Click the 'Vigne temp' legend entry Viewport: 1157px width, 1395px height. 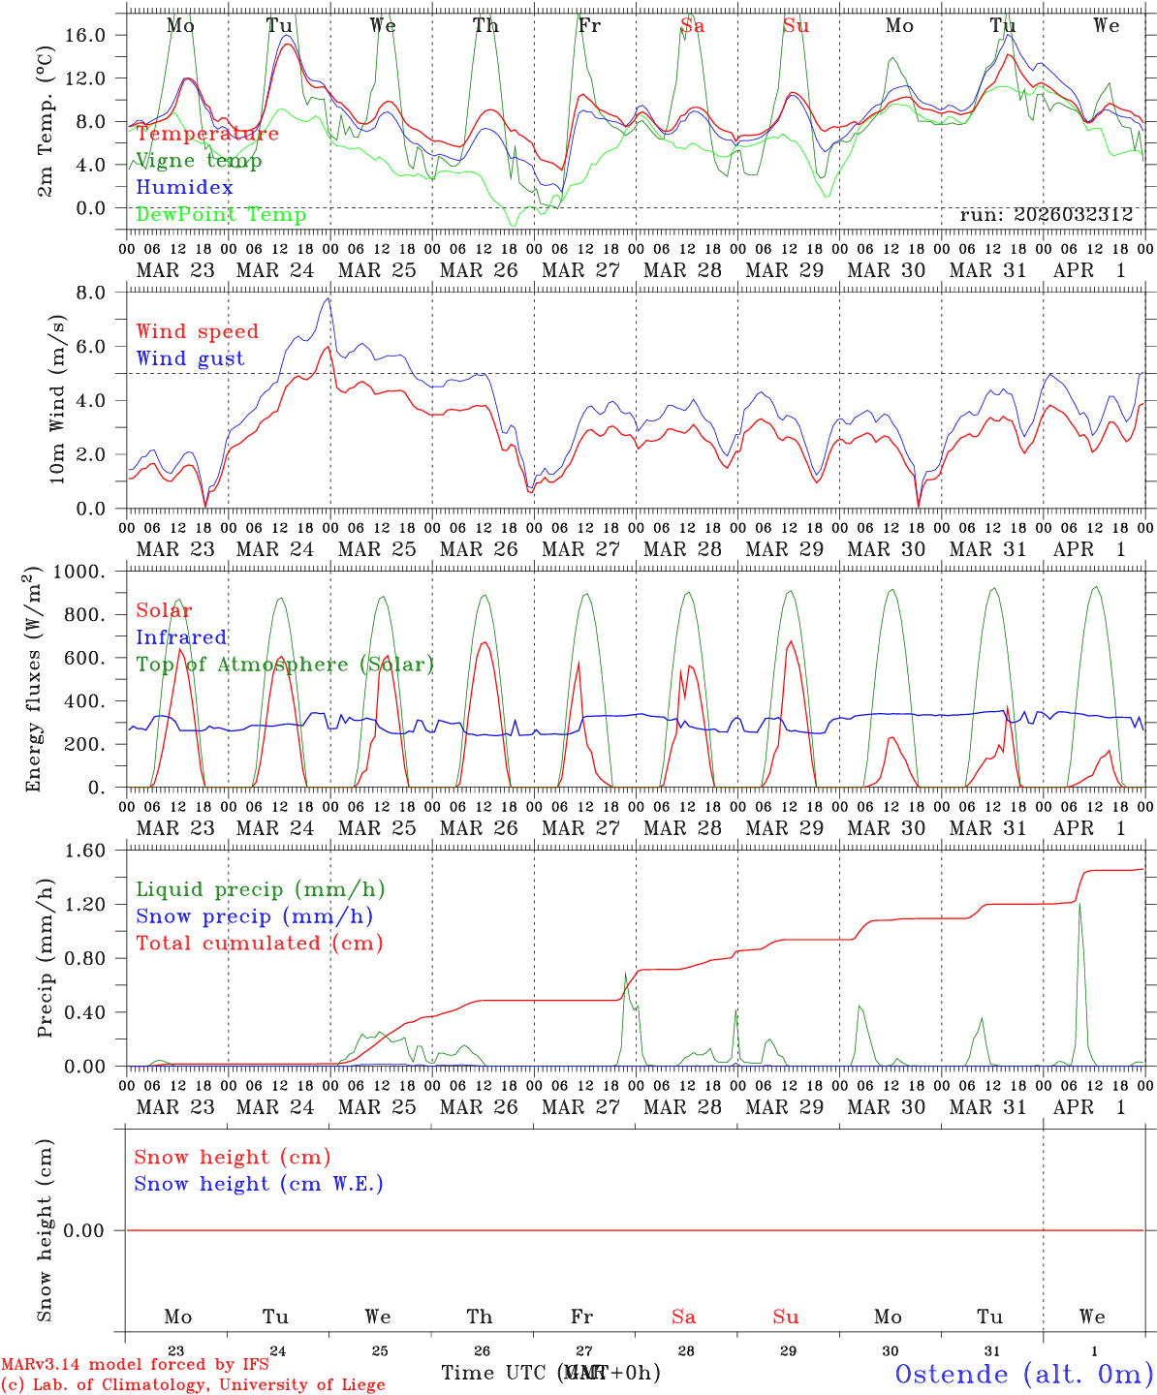(199, 161)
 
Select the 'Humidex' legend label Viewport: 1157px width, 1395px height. (184, 188)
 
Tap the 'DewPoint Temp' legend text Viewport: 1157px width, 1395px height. (221, 215)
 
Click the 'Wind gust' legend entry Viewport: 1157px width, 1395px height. (190, 358)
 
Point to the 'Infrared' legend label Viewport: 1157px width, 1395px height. (181, 637)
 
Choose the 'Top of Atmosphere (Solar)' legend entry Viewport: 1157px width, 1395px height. (284, 665)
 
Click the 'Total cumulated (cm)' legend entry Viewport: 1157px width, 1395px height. (259, 944)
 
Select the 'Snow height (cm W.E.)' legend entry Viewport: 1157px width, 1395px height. (259, 1184)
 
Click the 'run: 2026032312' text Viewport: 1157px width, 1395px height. (1046, 215)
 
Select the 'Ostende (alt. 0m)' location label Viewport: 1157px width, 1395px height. (1024, 1374)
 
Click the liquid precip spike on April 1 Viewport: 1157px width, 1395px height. (1079, 906)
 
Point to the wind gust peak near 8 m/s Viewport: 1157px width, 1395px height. (328, 299)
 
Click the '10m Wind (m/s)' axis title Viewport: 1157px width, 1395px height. (57, 399)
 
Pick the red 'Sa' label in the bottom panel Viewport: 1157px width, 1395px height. (683, 1317)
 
